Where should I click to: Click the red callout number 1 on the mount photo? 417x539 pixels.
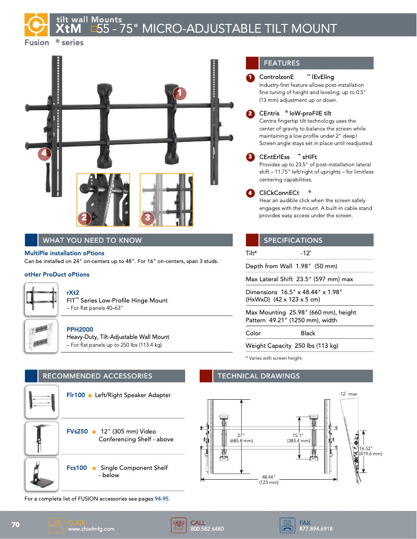pos(179,93)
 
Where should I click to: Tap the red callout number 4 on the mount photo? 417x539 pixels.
pos(45,153)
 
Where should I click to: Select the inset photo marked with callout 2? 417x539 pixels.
pos(103,200)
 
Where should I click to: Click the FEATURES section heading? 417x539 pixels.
pos(282,63)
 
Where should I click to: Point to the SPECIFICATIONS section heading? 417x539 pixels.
pos(293,240)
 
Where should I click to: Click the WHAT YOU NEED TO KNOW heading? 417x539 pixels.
pos(92,240)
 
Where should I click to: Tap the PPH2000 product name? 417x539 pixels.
pos(80,330)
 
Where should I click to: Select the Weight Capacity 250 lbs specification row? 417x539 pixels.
pos(292,346)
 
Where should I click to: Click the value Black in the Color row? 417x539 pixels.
pos(308,333)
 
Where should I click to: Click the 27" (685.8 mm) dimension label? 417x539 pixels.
pos(241,438)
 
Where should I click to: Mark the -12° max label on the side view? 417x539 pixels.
pos(348,394)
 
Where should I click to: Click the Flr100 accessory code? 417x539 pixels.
pos(76,395)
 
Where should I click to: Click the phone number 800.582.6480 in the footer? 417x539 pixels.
pos(207,529)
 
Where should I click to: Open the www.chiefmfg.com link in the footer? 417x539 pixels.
pos(91,529)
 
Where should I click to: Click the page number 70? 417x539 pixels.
pos(16,525)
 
